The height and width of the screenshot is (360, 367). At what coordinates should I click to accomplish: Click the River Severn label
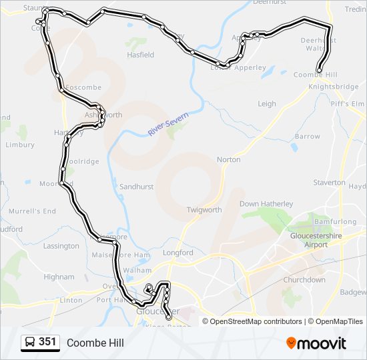(168, 125)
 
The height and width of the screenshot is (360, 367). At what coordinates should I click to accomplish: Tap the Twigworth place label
(204, 210)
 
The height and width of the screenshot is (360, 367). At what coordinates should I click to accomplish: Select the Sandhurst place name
(137, 187)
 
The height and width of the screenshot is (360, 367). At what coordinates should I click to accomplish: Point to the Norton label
(228, 160)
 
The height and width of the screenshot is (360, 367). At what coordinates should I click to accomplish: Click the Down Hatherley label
(266, 204)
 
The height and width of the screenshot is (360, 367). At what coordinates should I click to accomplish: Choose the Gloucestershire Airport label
(317, 240)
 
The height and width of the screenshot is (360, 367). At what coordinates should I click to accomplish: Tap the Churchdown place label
(304, 280)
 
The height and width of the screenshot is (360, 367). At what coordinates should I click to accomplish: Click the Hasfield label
(140, 55)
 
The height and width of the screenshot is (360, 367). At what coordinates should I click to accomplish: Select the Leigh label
(267, 104)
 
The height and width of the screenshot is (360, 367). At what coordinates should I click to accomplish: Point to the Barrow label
(308, 137)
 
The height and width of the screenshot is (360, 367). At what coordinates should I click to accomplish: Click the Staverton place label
(329, 183)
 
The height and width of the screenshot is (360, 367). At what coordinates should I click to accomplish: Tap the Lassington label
(61, 246)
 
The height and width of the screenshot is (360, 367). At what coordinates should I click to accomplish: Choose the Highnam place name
(59, 277)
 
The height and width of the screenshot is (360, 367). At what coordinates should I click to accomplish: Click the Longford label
(178, 253)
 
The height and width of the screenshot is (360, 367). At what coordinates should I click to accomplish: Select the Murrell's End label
(32, 211)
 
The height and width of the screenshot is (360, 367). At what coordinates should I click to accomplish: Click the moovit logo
(316, 343)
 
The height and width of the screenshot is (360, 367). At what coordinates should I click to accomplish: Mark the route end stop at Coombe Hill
(320, 70)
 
